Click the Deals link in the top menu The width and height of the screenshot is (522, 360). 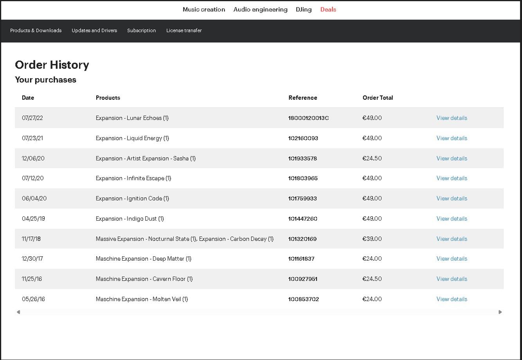[328, 9]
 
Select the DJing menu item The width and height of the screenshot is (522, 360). [303, 9]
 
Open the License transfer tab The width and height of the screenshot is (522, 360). [184, 30]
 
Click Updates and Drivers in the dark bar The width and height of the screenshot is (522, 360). [94, 30]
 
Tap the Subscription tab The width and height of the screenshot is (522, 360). [141, 30]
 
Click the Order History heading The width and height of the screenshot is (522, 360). [52, 65]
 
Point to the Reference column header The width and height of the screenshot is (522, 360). [303, 98]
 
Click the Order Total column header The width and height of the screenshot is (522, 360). [378, 98]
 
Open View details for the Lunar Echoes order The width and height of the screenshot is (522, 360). [452, 118]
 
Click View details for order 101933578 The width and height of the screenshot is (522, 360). [452, 158]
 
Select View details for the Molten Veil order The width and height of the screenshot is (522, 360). [452, 299]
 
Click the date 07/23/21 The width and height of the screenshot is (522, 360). [32, 138]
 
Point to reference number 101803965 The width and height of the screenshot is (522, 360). [303, 178]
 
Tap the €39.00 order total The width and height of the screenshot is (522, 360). [372, 239]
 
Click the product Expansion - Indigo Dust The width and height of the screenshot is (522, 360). [130, 219]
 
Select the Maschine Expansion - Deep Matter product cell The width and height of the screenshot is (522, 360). [144, 259]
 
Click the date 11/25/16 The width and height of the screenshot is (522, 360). [32, 279]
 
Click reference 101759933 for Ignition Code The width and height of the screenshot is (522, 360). [302, 198]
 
